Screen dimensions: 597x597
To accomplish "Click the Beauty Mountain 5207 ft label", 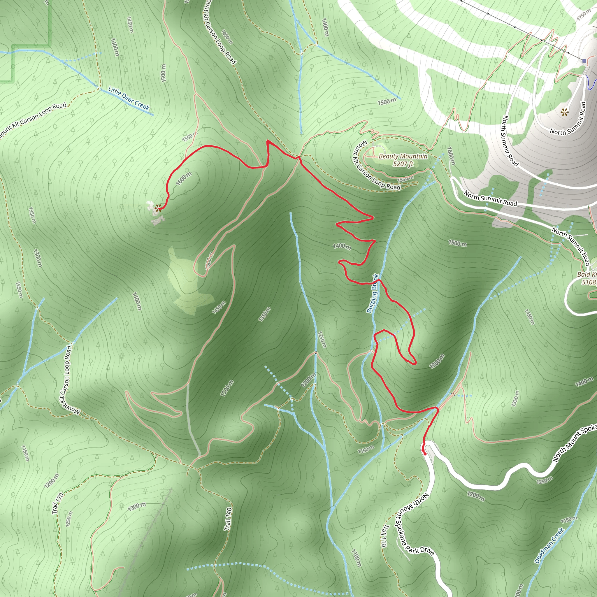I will click(x=403, y=160).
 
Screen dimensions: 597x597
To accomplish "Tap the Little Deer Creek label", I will click(x=129, y=98).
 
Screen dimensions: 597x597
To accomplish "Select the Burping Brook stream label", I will click(x=372, y=293).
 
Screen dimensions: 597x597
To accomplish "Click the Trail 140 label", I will click(x=228, y=519).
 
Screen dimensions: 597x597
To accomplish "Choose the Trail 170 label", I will click(x=58, y=504).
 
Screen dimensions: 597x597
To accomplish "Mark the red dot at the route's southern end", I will click(x=425, y=454).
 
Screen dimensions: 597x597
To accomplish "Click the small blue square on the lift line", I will click(x=584, y=61).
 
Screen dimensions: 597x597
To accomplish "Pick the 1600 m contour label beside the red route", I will click(x=184, y=179).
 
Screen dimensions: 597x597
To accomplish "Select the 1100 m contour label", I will click(x=356, y=558).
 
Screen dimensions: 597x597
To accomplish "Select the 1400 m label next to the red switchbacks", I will click(x=342, y=246).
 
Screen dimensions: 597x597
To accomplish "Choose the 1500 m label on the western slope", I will click(x=164, y=73).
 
